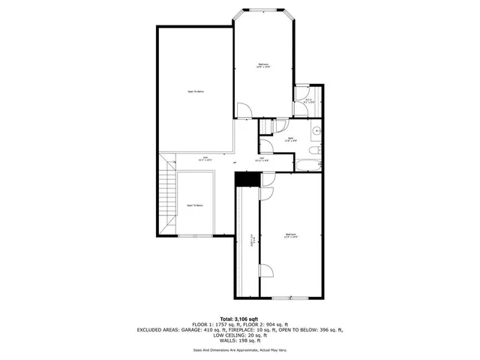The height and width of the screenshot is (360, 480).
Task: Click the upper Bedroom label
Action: [x=263, y=65]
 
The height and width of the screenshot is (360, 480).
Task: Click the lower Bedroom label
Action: [x=292, y=236]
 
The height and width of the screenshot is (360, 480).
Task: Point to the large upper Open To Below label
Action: [x=196, y=91]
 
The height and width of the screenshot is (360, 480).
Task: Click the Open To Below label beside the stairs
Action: [x=195, y=205]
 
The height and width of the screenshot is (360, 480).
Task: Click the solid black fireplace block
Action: [x=245, y=179]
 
